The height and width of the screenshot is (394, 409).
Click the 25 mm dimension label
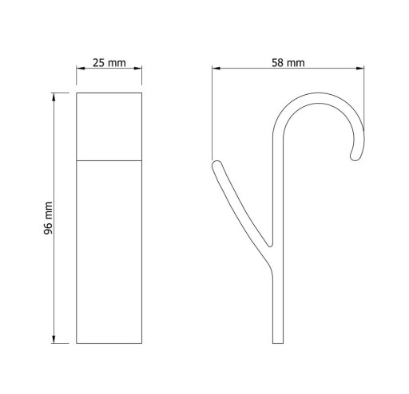pos(109,63)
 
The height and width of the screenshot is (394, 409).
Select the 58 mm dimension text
pos(288,63)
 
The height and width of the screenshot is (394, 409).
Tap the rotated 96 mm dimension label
pos(48,218)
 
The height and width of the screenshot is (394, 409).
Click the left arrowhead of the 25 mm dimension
pos(81,69)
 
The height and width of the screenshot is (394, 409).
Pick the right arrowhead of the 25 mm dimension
pos(137,69)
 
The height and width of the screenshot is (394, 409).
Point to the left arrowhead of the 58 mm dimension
pos(216,69)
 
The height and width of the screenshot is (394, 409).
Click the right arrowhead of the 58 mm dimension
pos(360,69)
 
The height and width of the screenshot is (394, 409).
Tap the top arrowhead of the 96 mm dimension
pos(54,97)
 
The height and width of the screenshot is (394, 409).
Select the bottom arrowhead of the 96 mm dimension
pos(54,339)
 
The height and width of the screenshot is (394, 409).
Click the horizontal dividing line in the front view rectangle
pos(109,160)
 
